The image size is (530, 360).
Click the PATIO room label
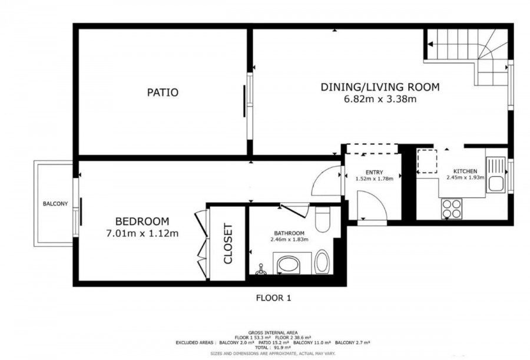163,93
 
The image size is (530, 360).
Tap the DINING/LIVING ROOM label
380,87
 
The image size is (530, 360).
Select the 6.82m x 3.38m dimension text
380,99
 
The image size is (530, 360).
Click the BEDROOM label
143,222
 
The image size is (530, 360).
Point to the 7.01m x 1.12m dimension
143,233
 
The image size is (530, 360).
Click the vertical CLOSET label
228,243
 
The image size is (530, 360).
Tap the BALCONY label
55,204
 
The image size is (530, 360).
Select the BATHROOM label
289,233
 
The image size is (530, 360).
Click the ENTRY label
374,172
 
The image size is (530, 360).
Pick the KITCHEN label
465,171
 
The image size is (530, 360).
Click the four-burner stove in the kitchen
452,209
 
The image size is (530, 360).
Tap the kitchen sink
495,175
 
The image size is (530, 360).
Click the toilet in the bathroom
322,219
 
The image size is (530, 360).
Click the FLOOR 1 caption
273,298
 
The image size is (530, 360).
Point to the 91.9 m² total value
283,348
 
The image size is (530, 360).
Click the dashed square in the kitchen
426,161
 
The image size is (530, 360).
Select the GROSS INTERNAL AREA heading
273,333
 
